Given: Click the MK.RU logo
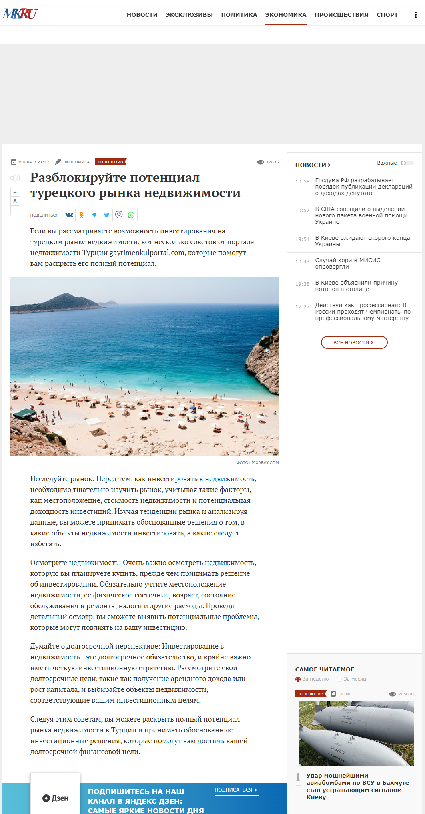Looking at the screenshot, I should click(x=20, y=14).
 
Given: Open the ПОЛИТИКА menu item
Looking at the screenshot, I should click(x=239, y=15).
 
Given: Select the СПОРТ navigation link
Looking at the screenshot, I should click(x=387, y=15).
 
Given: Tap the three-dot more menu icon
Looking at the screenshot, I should click(x=416, y=15).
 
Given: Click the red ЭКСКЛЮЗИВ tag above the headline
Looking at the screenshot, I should click(x=110, y=162).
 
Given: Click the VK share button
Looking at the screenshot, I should click(x=69, y=215).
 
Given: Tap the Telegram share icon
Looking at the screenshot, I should click(x=94, y=215).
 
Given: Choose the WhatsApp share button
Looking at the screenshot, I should click(x=131, y=215).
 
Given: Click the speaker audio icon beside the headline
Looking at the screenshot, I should click(x=15, y=178).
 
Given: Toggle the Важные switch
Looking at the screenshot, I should click(x=407, y=163).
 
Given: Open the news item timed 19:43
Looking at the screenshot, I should click(x=348, y=263).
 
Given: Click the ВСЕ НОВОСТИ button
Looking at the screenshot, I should click(x=354, y=342).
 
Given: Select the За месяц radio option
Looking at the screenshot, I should click(x=339, y=679).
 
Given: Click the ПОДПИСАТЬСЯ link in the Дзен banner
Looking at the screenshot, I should click(x=236, y=790).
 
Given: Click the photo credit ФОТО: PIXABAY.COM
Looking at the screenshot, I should click(x=257, y=462).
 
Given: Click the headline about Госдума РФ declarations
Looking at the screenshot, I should click(x=363, y=187).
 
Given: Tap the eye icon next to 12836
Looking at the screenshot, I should click(x=261, y=162).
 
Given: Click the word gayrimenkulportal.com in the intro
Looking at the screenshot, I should click(x=147, y=253).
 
